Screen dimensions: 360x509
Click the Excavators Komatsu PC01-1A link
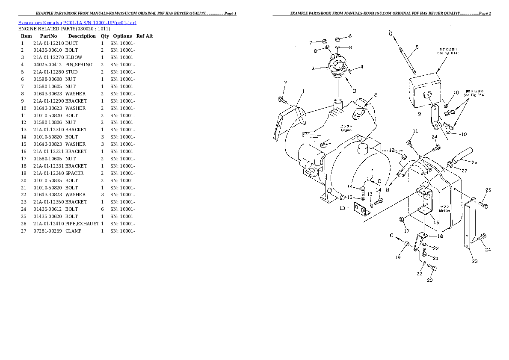[77, 22]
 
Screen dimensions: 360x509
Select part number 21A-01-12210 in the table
[48, 43]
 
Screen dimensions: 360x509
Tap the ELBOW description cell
[74, 58]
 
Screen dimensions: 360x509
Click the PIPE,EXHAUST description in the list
[82, 224]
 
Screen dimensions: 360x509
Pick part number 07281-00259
[48, 231]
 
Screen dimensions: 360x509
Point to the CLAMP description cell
[73, 231]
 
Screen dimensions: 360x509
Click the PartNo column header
[48, 36]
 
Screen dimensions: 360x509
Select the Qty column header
[105, 36]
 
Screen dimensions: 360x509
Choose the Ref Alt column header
[145, 36]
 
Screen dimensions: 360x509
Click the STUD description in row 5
[71, 72]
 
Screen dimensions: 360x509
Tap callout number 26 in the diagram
[474, 162]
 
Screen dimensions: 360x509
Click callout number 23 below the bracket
[474, 261]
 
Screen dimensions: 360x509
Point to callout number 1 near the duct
[303, 91]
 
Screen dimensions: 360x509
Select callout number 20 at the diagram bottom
[429, 280]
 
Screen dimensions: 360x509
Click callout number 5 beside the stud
[417, 47]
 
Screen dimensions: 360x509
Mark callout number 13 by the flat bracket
[342, 208]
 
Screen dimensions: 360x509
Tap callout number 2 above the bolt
[285, 83]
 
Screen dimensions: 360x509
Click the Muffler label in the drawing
[444, 210]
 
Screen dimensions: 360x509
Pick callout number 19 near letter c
[398, 257]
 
